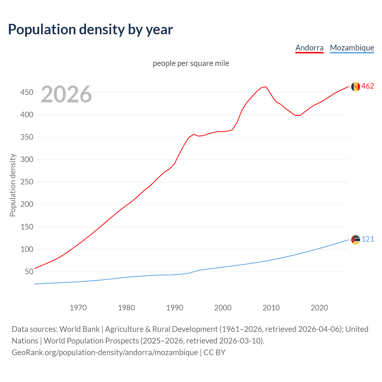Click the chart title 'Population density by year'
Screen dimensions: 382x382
[90, 30]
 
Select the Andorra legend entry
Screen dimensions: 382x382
[309, 48]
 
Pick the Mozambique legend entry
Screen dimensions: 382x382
[352, 48]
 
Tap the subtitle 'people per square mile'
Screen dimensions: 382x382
[191, 63]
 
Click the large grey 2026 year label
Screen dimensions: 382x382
[66, 94]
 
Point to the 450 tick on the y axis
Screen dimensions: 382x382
[27, 92]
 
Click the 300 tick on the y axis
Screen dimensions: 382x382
[27, 159]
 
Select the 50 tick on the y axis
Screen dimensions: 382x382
[29, 272]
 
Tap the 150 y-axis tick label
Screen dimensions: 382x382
[27, 227]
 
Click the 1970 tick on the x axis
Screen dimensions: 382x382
[78, 308]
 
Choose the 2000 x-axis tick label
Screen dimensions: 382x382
[223, 308]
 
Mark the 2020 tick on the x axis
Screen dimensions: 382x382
[319, 308]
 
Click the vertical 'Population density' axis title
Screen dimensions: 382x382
[13, 185]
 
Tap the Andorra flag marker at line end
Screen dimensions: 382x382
[355, 87]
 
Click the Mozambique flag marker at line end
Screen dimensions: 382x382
[355, 240]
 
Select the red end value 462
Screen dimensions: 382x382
[368, 86]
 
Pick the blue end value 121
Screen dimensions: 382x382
[368, 239]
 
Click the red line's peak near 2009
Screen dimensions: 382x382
[266, 87]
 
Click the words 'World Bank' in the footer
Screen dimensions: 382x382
[79, 329]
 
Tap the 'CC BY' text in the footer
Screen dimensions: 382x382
[214, 352]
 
